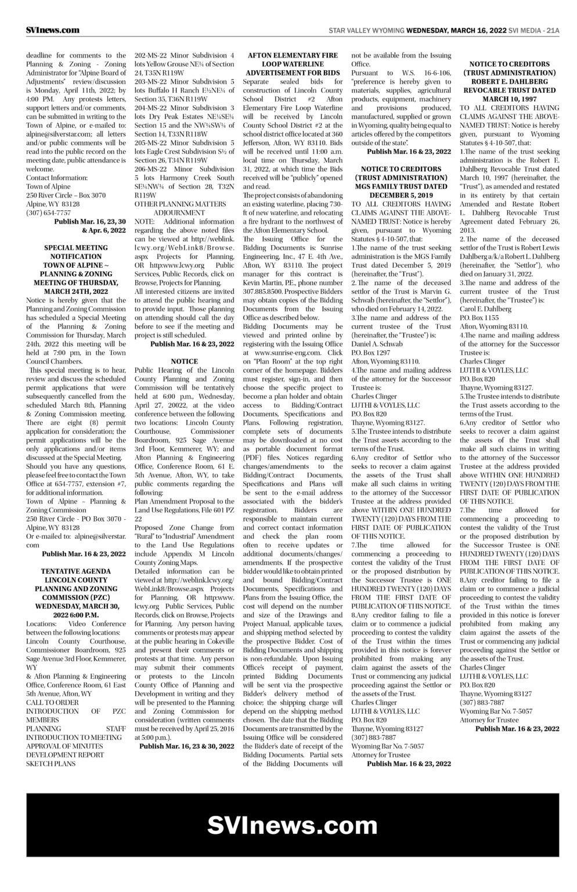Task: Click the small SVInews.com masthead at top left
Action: [53, 30]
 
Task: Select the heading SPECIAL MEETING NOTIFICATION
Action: [75, 252]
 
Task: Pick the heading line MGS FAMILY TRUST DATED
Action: [401, 186]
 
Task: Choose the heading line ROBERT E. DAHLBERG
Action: [509, 82]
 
